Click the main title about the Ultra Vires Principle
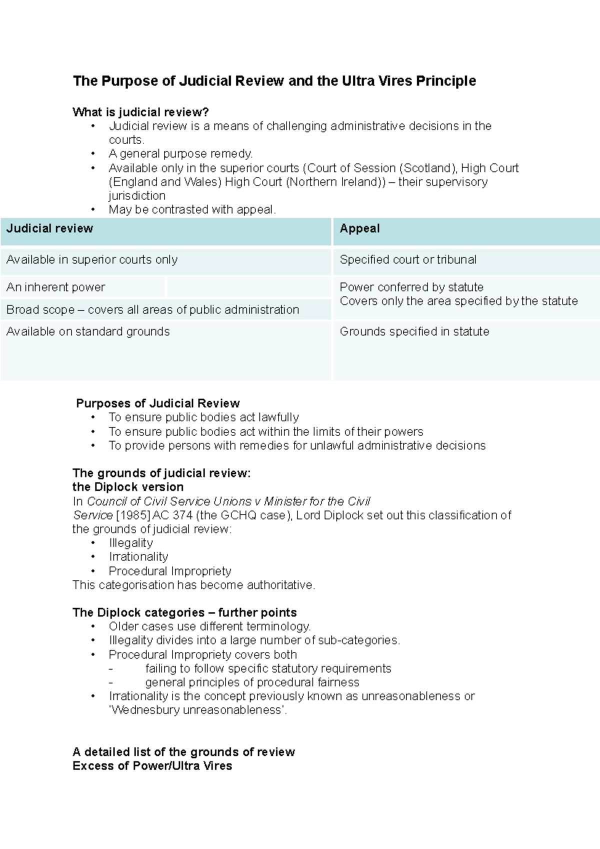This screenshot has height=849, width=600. (274, 81)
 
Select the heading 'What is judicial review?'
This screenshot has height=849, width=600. (140, 112)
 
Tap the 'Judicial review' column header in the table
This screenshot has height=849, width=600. (49, 228)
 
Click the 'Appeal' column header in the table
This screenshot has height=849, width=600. (359, 228)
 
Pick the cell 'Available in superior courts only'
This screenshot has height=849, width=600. (92, 260)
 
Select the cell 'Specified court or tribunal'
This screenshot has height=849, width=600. (408, 260)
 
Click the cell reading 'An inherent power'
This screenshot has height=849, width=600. (55, 287)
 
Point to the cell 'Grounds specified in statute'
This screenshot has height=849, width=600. (414, 331)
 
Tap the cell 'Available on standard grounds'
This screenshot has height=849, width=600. (88, 331)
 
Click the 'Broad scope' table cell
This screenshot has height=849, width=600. (152, 310)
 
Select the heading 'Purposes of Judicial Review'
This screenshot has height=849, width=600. (157, 403)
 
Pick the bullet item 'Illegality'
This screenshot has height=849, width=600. (131, 543)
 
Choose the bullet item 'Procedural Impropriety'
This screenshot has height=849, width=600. (170, 571)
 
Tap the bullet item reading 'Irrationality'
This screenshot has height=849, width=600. (138, 557)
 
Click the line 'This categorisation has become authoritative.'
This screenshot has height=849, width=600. (194, 585)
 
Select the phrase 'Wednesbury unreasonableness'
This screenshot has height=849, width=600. (197, 710)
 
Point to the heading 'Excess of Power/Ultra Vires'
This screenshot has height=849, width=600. (152, 766)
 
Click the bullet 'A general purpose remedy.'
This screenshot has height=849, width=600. (181, 154)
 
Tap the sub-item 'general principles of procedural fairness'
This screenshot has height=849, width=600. (252, 682)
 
